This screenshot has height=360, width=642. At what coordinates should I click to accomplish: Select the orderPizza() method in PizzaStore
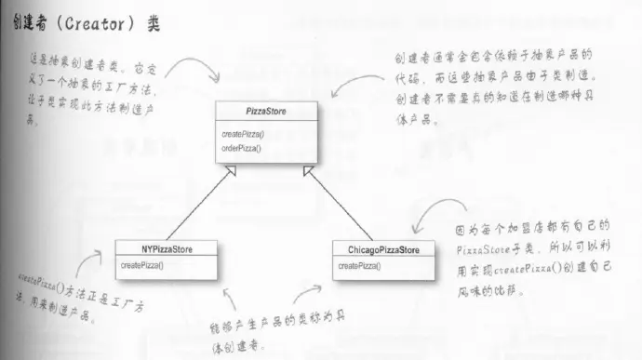tap(243, 148)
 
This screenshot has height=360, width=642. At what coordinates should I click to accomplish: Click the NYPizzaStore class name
tap(167, 249)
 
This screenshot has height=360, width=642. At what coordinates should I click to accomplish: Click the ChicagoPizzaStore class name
tap(383, 250)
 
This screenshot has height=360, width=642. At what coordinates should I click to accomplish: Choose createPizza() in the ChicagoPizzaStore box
tap(359, 267)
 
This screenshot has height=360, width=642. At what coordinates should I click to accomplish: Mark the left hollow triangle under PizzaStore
tap(232, 169)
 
